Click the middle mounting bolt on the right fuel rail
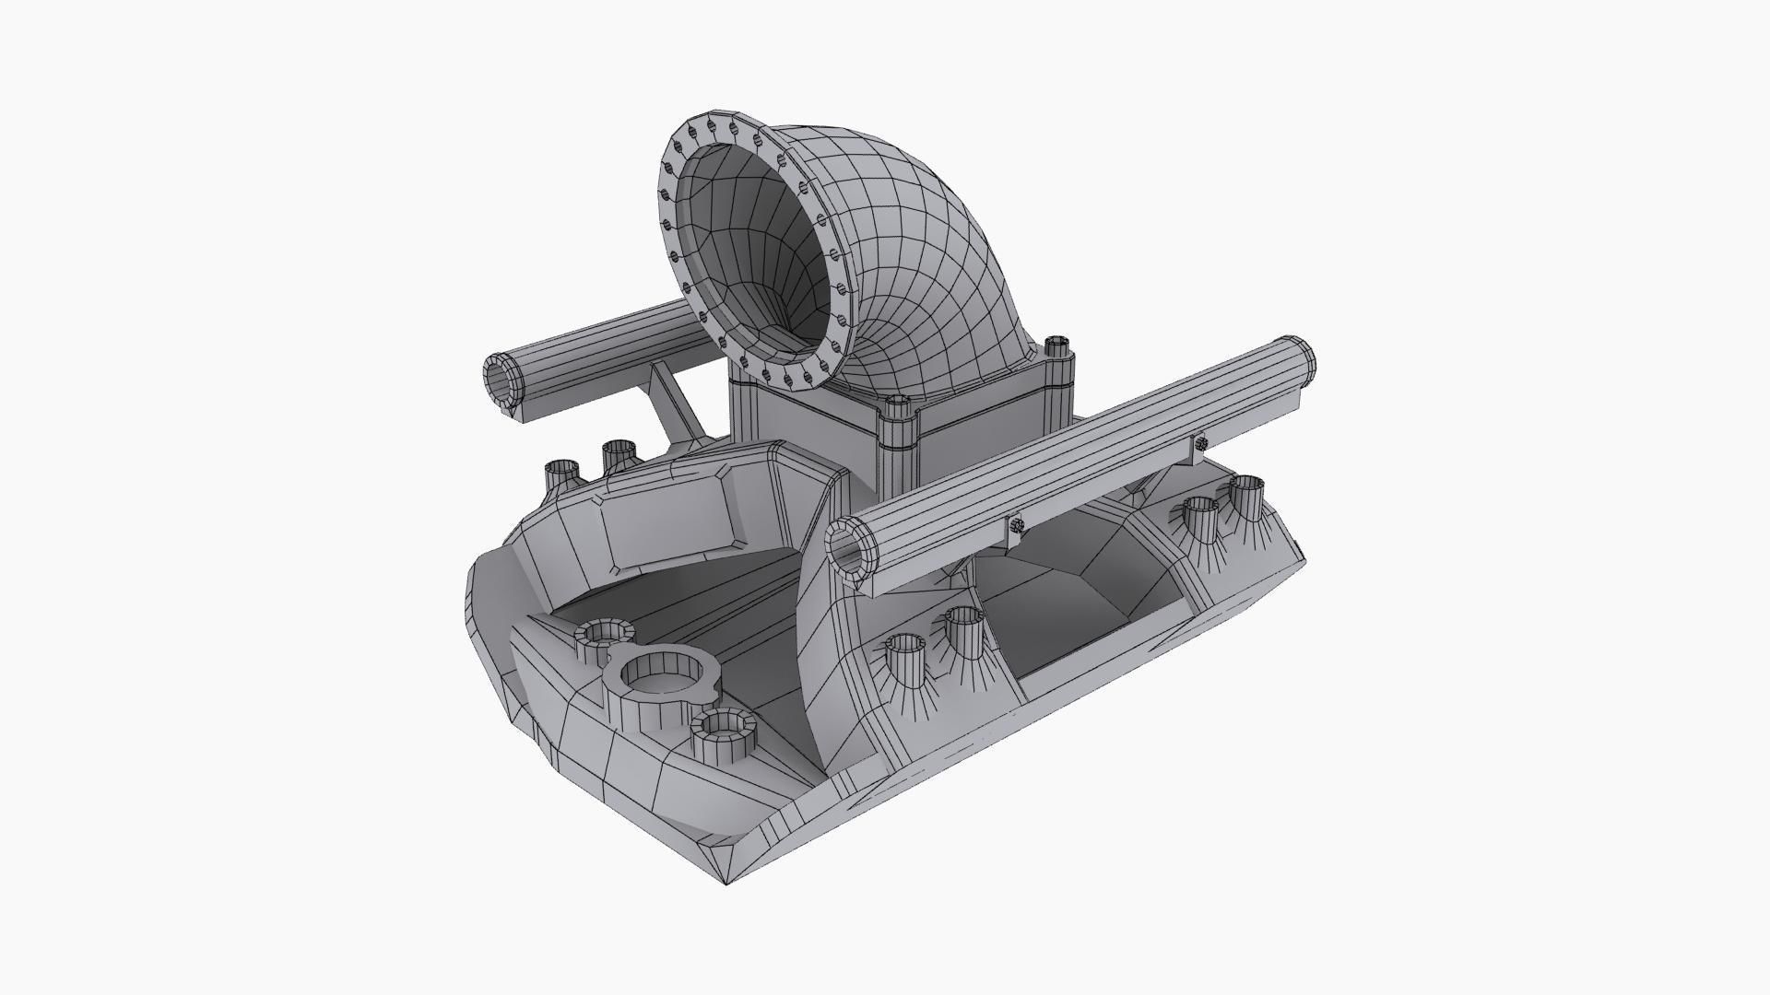coord(1016,525)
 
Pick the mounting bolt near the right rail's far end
coord(1201,442)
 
